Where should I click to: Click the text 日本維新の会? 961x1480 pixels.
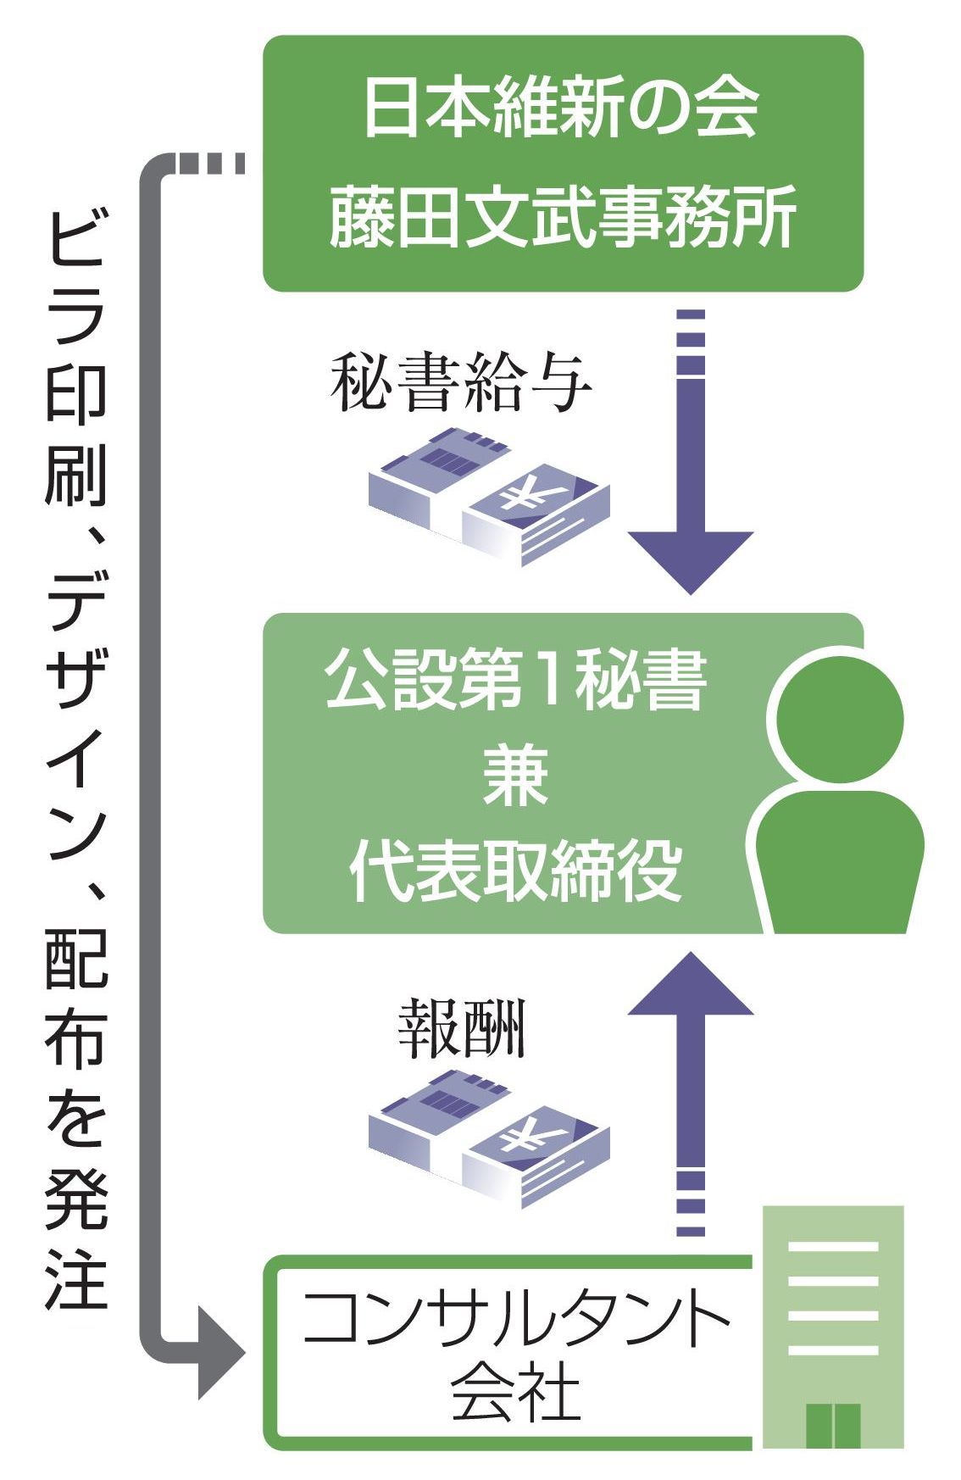(561, 108)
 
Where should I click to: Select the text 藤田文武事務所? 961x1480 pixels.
(561, 219)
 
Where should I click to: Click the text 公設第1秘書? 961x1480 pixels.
(514, 679)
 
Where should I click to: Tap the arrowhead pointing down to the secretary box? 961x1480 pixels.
(691, 559)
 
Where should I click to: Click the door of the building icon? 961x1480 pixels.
(832, 1425)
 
